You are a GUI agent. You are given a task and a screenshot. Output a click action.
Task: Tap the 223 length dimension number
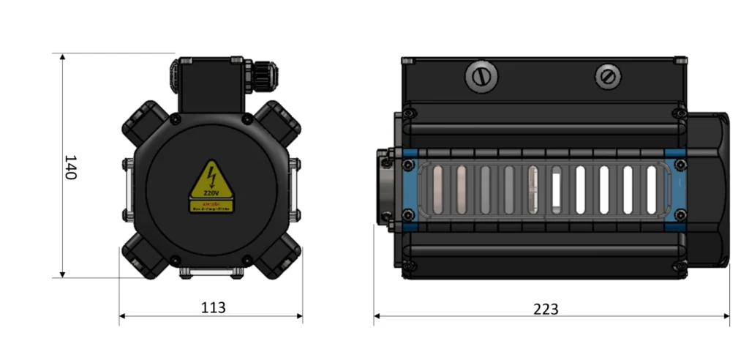pyautogui.click(x=545, y=309)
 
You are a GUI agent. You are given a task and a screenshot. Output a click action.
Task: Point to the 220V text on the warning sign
pyautogui.click(x=211, y=192)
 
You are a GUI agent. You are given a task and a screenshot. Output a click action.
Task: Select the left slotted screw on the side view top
pyautogui.click(x=481, y=76)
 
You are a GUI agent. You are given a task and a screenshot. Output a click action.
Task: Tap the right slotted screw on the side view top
pyautogui.click(x=607, y=75)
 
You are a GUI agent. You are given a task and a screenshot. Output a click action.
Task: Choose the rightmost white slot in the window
pyautogui.click(x=651, y=189)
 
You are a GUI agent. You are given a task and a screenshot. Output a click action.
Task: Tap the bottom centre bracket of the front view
pyautogui.click(x=211, y=273)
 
